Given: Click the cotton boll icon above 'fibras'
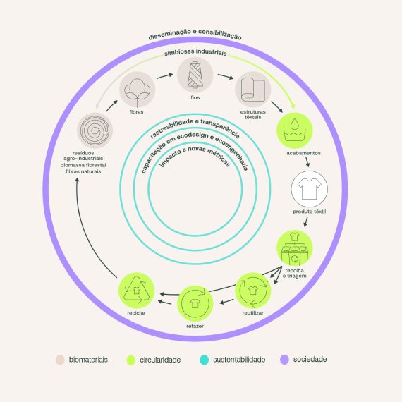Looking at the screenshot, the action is point(137,90).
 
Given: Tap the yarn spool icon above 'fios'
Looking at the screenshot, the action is point(195,75).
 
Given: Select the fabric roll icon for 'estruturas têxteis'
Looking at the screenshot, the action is point(253,90).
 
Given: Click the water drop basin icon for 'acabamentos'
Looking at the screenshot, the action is point(295,130).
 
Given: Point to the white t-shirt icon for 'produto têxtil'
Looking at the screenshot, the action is point(310,189).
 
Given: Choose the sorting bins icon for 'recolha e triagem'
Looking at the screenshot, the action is point(295,248).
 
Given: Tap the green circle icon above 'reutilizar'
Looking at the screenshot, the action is point(253,291).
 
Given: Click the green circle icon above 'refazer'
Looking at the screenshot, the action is point(195,303).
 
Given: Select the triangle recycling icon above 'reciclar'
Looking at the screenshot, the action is point(136,291).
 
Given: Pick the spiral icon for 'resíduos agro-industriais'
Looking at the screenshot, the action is point(95,130).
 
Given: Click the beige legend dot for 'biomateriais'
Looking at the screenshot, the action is point(60,360).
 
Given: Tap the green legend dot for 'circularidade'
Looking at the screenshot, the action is point(130,360).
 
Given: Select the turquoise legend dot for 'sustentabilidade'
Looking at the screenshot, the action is point(205,360).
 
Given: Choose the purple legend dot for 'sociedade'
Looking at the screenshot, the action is point(285,360).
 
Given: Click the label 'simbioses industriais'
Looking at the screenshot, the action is point(195,52).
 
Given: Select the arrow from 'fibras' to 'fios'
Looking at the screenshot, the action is point(165,76).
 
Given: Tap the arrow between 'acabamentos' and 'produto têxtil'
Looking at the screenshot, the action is point(307,162).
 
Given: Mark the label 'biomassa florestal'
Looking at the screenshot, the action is point(83,165).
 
